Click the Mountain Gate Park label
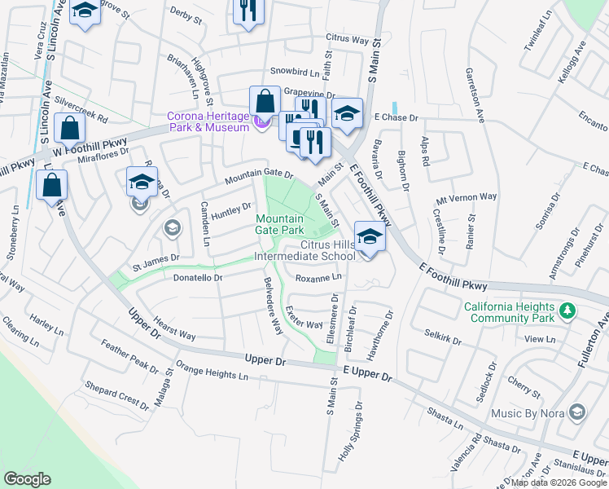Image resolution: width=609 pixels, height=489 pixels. [279, 225]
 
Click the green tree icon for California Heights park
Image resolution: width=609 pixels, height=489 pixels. [568, 310]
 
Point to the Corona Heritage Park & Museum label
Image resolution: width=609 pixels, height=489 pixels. [208, 121]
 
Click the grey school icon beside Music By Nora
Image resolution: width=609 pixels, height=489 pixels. [577, 413]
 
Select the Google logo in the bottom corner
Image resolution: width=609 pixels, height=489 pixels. [27, 479]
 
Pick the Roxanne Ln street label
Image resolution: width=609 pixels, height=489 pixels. [318, 278]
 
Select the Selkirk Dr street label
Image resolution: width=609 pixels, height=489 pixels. [443, 336]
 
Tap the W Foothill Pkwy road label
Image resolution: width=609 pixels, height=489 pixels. [84, 147]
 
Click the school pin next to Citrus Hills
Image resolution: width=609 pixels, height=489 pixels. [370, 238]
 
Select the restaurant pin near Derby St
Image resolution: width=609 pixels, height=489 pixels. [248, 11]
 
